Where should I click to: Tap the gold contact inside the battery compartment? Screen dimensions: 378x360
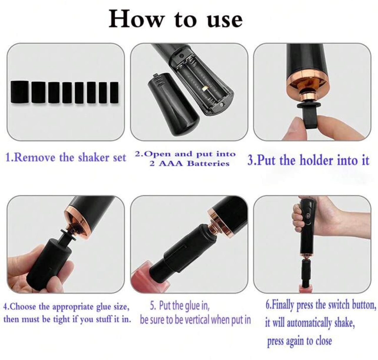[205, 88]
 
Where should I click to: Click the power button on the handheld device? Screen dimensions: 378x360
[308, 216]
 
